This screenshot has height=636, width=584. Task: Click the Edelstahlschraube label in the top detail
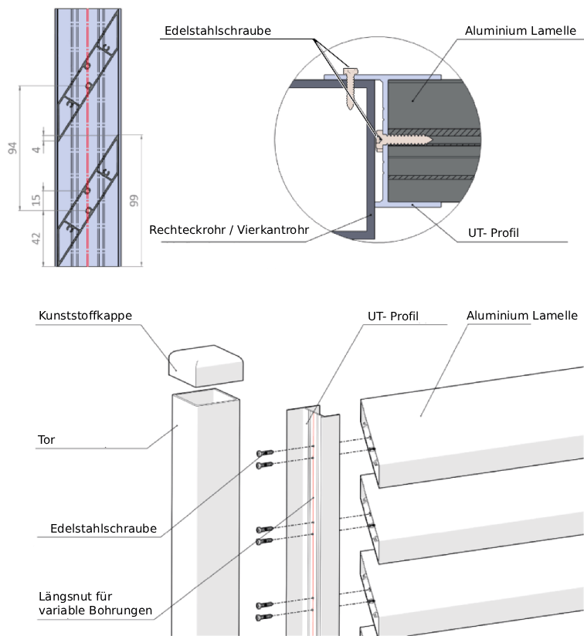click(x=218, y=32)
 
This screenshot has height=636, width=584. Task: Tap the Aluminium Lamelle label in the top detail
click(x=521, y=31)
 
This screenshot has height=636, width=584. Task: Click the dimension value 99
click(x=134, y=201)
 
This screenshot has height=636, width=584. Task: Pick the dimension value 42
click(x=36, y=238)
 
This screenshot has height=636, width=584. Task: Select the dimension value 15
click(x=36, y=200)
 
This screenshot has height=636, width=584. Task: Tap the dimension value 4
click(x=36, y=148)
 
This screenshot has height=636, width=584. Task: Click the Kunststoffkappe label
click(x=85, y=316)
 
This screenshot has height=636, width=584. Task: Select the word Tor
click(x=46, y=440)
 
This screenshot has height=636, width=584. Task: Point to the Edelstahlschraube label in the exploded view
click(x=104, y=529)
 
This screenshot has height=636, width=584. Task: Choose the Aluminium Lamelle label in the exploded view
click(x=522, y=316)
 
